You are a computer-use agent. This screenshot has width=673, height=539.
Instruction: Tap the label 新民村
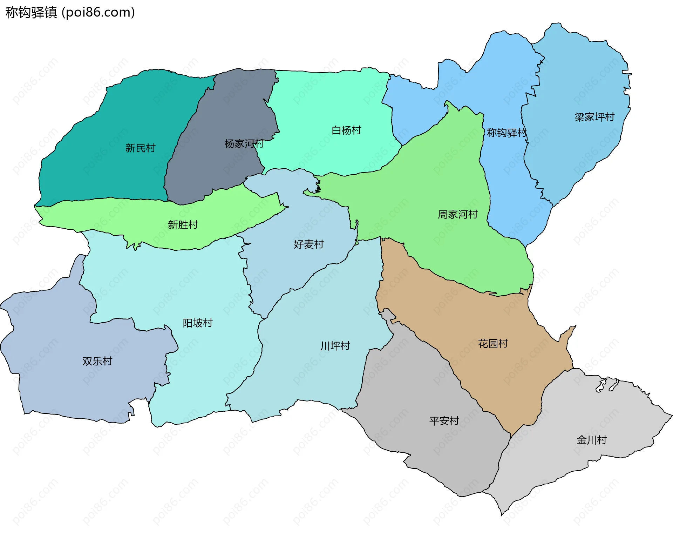point(140,148)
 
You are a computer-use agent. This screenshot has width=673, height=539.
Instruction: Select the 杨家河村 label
point(244,143)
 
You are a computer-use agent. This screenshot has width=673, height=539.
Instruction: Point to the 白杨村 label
point(346,130)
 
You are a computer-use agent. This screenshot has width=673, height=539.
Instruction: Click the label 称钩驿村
point(507,133)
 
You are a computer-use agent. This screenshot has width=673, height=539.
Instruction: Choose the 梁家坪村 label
point(594,117)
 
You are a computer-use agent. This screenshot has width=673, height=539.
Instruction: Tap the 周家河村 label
point(458,214)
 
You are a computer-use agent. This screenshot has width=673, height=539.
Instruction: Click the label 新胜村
point(183,224)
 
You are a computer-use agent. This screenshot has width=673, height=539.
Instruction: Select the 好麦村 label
point(308,244)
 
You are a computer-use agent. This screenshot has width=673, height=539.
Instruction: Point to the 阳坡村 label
point(198,323)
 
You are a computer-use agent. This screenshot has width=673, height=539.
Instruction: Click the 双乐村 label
point(97,361)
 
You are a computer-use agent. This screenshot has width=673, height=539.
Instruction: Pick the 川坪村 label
point(335,346)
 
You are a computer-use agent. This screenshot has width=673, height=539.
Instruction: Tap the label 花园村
point(493,343)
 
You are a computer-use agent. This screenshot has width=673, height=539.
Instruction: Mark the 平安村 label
point(444,420)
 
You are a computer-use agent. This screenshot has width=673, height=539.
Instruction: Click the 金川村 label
point(592,440)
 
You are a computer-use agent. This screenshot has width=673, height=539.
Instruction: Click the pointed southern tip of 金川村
point(502,514)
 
